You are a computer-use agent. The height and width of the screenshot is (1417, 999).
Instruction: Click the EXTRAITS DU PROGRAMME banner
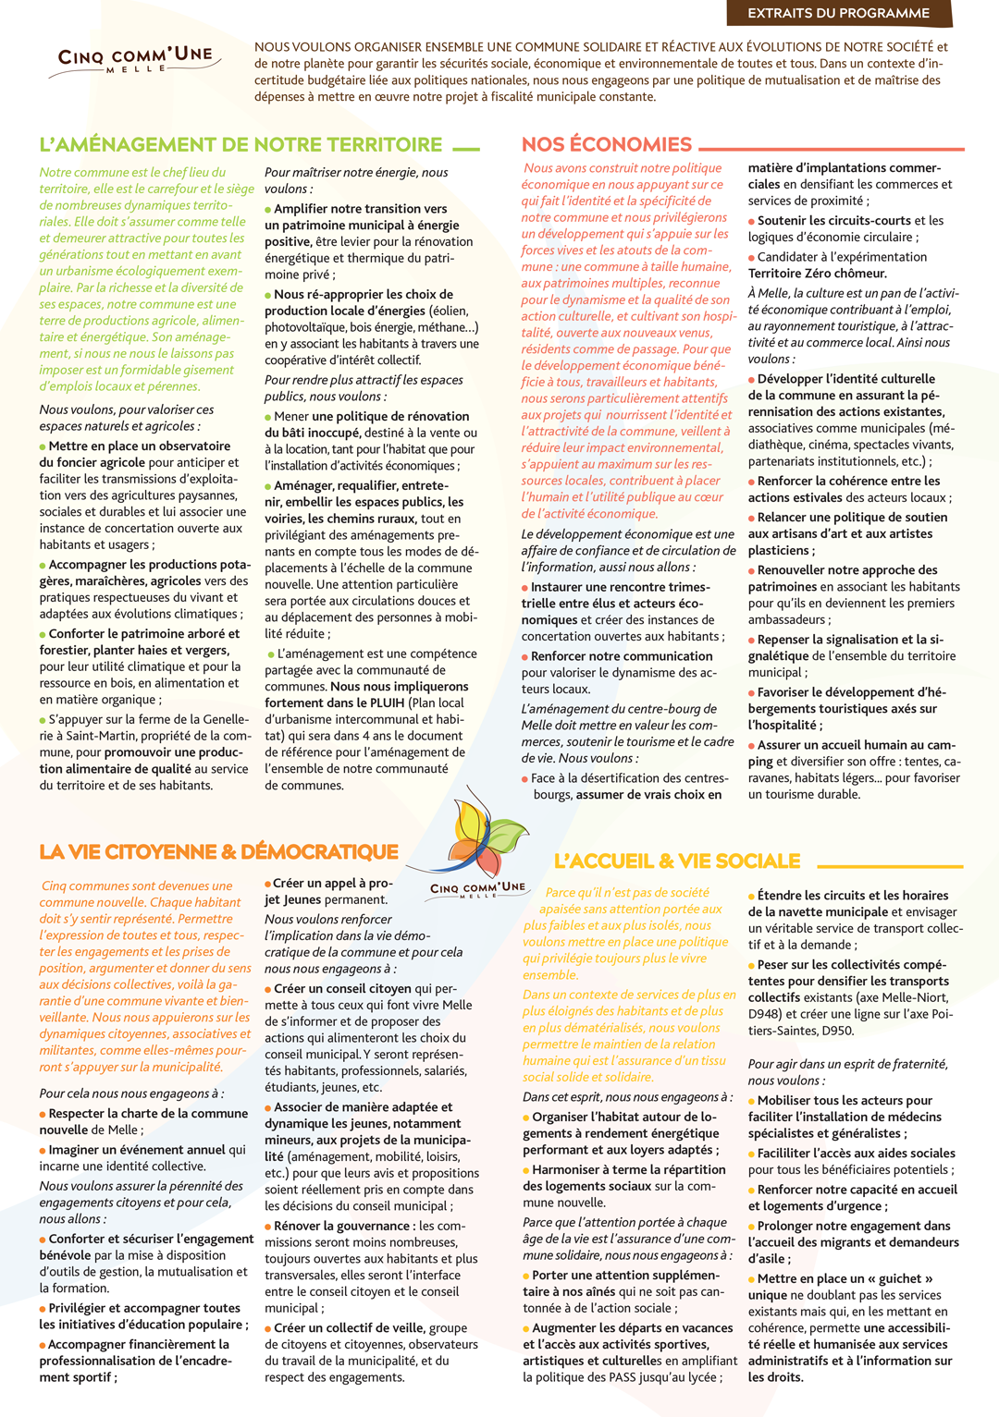pos(838,13)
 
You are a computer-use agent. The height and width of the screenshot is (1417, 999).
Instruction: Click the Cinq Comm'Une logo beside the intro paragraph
pos(135,59)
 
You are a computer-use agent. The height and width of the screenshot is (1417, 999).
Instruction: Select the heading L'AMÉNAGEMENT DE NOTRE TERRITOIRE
pos(240,144)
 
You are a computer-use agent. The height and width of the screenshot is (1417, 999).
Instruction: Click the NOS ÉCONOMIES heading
pos(606,144)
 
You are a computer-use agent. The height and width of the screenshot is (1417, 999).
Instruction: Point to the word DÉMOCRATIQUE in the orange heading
pos(319,851)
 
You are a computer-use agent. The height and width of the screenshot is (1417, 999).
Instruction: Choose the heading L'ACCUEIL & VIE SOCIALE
pos(677,861)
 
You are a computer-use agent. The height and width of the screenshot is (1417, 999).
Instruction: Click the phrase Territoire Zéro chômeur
pos(817,274)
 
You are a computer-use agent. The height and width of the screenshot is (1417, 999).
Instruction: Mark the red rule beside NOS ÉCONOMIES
pos(832,148)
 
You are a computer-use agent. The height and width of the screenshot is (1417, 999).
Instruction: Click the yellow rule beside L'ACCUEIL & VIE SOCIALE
pos(890,866)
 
